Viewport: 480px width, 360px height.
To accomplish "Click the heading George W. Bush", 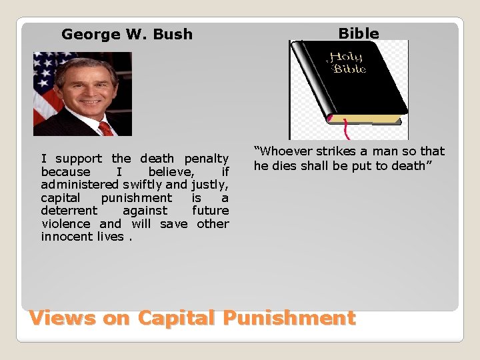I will pyautogui.click(x=127, y=34).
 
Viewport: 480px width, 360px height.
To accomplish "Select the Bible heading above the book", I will pyautogui.click(x=358, y=33).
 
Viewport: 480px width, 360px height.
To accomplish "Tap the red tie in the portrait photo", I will pyautogui.click(x=105, y=128).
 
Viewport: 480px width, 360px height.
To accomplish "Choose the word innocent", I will pyautogui.click(x=67, y=237).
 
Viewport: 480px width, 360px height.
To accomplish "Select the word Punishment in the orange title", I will pyautogui.click(x=289, y=318).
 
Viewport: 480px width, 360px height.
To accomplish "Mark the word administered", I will pyautogui.click(x=78, y=185).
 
